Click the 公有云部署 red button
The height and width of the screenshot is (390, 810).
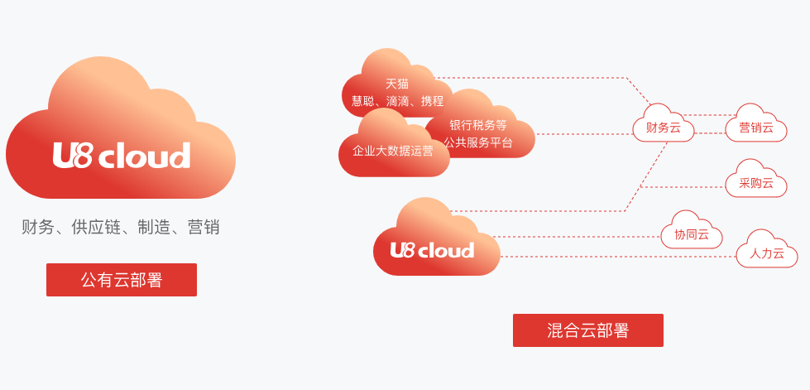point(122,280)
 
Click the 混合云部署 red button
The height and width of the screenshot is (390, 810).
point(587,330)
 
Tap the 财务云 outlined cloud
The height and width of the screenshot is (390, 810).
point(664,128)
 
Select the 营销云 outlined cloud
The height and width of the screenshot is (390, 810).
point(756,128)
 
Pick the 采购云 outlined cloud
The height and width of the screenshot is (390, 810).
point(756,183)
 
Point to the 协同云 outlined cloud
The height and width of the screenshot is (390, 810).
point(692,234)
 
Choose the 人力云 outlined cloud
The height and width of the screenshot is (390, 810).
point(767,253)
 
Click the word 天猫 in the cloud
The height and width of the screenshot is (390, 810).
point(397,84)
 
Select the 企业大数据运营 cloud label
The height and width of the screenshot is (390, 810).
point(393,151)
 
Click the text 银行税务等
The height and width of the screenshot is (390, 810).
point(478,125)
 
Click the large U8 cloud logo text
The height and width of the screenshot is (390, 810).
point(122,156)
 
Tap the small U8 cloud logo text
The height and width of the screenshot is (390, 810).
point(432,250)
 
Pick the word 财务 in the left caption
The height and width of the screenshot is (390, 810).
point(37,227)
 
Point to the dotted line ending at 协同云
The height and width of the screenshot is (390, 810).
point(579,237)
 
